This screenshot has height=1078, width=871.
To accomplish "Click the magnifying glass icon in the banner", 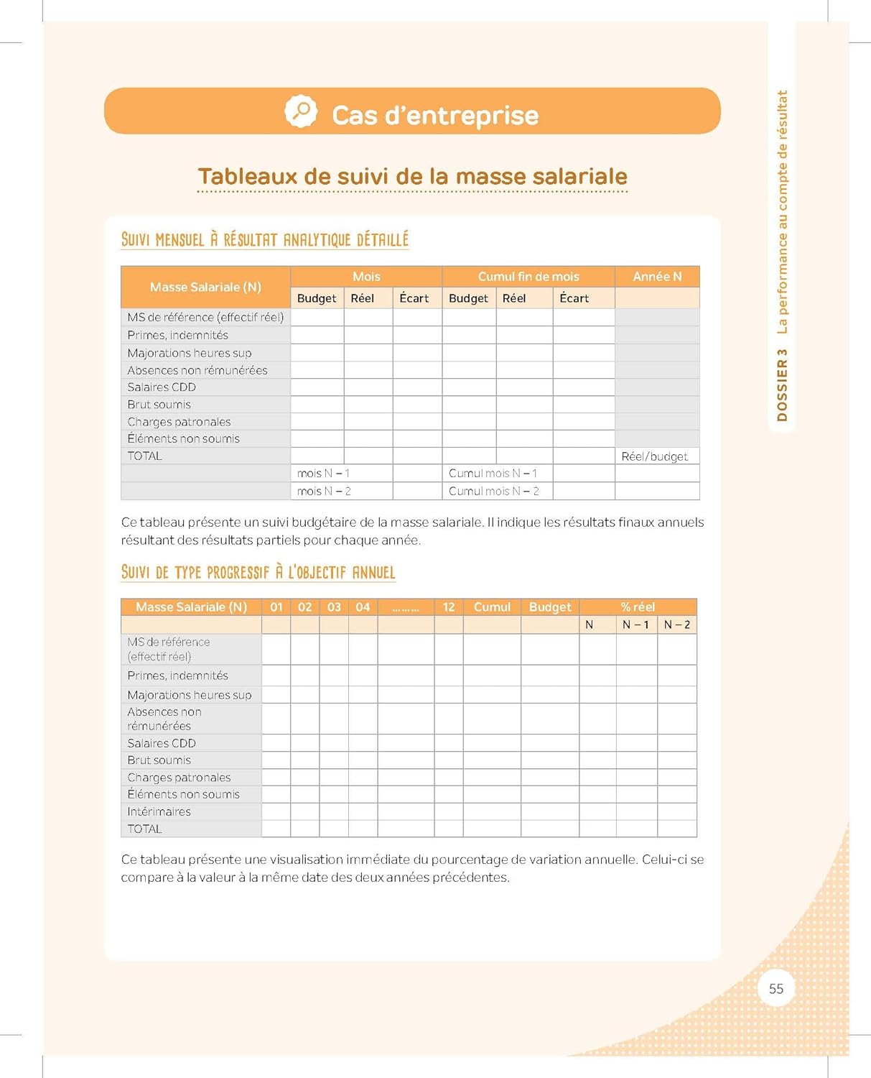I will pos(301,111).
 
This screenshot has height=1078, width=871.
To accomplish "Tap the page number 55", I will pos(776,988).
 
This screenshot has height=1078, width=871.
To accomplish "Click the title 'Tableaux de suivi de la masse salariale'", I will pos(413,176).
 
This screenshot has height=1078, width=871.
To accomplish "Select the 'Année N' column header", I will pos(657,277).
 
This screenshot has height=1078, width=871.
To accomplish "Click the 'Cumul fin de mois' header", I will pos(528,277).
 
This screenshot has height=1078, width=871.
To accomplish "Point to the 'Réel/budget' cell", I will pos(655,456).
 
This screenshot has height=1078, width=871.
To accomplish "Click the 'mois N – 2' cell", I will pos(324,492).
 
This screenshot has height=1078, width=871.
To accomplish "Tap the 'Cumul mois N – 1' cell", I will pos(493,474).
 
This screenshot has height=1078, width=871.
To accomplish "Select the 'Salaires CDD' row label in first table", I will pos(162,387).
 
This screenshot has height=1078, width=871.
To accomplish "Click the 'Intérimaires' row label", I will pos(159,811).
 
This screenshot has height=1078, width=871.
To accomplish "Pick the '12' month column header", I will pos(449,607).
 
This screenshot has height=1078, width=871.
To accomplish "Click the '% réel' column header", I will pos(638,607).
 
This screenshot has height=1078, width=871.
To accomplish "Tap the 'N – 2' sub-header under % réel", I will pos(677,625).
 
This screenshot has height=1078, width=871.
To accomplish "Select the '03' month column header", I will pos(334,607).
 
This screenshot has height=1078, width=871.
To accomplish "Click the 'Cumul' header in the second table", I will pos(492,607).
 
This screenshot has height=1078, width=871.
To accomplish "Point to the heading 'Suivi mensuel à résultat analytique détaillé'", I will pos(265,239).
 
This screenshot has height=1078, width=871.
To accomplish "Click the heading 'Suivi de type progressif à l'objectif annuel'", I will pos(258,572).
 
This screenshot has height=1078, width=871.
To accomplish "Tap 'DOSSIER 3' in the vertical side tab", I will pos(782,385).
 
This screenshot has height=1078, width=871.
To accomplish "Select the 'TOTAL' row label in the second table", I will pos(144,829).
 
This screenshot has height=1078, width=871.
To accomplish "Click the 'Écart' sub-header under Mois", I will pos(414,298).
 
